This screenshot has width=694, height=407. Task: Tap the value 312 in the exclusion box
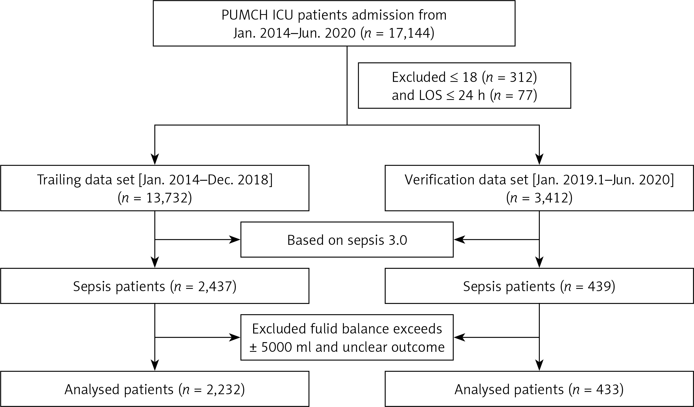click(x=520, y=77)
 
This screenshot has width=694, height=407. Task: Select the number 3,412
click(x=552, y=198)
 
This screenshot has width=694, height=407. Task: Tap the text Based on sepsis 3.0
click(x=347, y=240)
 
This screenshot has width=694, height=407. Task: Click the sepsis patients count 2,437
click(x=215, y=286)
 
